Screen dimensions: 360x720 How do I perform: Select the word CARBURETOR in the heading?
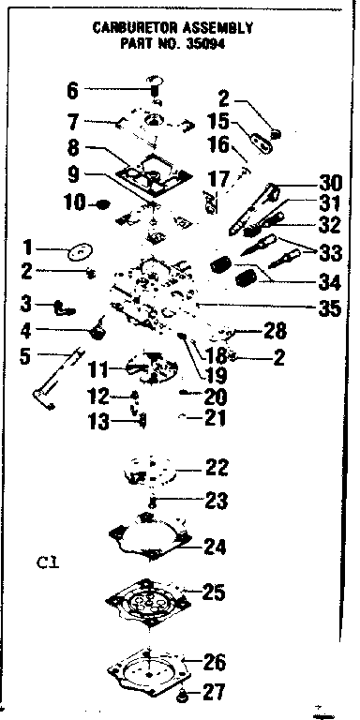pyautogui.click(x=141, y=28)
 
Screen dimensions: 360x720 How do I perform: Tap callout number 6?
pyautogui.click(x=73, y=91)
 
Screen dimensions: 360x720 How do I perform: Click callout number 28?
pyautogui.click(x=274, y=330)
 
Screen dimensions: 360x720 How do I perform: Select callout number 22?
pyautogui.click(x=216, y=467)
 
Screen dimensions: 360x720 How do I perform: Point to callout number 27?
pyautogui.click(x=215, y=695)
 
